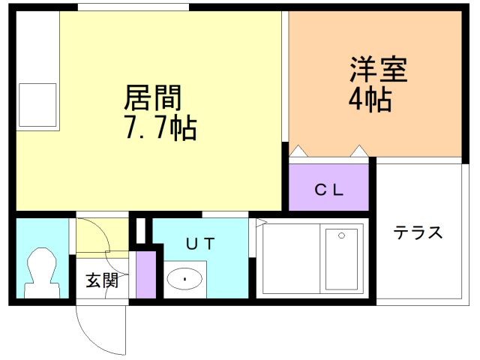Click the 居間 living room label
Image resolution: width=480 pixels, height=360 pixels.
click(153, 97)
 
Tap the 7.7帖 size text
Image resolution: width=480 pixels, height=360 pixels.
click(160, 128)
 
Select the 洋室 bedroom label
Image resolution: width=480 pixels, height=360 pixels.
click(379, 70)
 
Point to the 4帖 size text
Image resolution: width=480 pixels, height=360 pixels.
click(370, 100)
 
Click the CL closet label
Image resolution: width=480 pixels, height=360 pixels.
click(329, 190)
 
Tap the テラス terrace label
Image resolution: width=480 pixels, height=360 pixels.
click(418, 232)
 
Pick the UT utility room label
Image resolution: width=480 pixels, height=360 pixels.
click(200, 244)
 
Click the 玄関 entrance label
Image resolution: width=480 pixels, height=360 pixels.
click(102, 280)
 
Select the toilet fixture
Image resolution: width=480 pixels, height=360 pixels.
click(42, 273)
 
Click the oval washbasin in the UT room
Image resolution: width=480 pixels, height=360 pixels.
click(185, 279)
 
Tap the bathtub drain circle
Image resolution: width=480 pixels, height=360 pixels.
click(342, 235)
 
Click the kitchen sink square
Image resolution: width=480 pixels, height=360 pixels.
click(37, 105)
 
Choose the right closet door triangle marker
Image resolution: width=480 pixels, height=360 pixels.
click(359, 151)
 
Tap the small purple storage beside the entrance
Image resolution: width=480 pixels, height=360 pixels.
click(146, 274)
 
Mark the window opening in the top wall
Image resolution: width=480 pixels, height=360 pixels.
click(133, 7)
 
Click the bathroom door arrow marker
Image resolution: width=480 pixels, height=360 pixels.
click(262, 223)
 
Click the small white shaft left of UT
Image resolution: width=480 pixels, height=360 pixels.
click(140, 231)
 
